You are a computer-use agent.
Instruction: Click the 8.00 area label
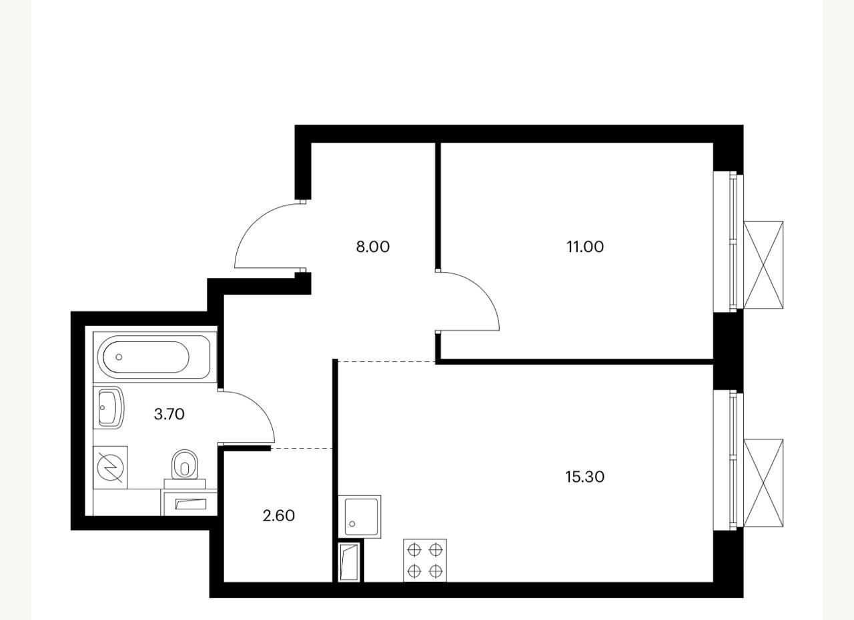point(373,247)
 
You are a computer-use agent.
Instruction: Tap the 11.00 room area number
point(585,247)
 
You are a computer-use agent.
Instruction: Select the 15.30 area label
point(585,477)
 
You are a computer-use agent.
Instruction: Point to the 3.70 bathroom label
point(169,414)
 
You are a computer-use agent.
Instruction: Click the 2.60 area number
point(279,515)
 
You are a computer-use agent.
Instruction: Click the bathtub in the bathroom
point(155,357)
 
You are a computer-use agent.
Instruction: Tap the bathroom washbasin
point(109,407)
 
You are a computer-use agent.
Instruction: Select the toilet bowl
point(185,469)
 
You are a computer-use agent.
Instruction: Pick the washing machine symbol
point(110,467)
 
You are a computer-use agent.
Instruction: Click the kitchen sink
point(360,517)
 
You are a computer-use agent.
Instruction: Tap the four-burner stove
point(425,561)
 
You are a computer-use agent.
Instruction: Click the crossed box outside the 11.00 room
point(763,265)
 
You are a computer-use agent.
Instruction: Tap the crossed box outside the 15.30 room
point(763,483)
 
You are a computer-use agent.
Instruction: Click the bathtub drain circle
point(119,357)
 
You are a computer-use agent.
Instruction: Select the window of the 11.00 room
point(729,242)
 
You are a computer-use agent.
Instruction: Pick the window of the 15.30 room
point(729,460)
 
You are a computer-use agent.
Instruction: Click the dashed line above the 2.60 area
point(302,449)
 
